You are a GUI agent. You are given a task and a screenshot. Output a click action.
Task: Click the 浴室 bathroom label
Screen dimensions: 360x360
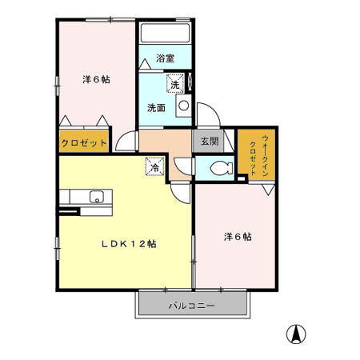pyautogui.click(x=166, y=58)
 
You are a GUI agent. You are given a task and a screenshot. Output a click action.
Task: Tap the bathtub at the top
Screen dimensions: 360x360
pyautogui.click(x=165, y=34)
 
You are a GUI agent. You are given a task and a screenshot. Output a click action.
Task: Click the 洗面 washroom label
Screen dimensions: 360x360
pyautogui.click(x=156, y=108)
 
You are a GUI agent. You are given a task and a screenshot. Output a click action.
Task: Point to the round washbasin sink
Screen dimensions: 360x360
pyautogui.click(x=183, y=105)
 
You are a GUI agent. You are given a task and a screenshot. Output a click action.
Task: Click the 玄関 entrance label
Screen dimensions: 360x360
pyautogui.click(x=209, y=142)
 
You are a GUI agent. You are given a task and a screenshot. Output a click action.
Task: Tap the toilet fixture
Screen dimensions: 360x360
pyautogui.click(x=220, y=168)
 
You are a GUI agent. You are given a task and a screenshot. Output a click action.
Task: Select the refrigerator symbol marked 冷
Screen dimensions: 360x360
pyautogui.click(x=153, y=166)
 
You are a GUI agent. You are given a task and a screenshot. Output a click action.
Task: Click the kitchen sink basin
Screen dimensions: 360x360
pyautogui.click(x=98, y=198)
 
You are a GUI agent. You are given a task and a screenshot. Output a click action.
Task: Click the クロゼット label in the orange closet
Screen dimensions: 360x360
pyautogui.click(x=84, y=144)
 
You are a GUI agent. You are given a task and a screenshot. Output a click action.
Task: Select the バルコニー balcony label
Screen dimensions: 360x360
pyautogui.click(x=191, y=305)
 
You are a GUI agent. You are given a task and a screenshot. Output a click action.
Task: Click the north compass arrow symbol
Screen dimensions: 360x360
pyautogui.click(x=297, y=334)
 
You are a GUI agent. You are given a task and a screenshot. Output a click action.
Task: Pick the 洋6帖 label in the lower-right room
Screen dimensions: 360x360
pyautogui.click(x=237, y=237)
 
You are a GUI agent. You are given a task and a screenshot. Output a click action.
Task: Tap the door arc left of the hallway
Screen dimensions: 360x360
pyautogui.click(x=125, y=142)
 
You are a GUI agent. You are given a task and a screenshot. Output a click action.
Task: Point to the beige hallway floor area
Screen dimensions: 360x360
pyautogui.click(x=164, y=144)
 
